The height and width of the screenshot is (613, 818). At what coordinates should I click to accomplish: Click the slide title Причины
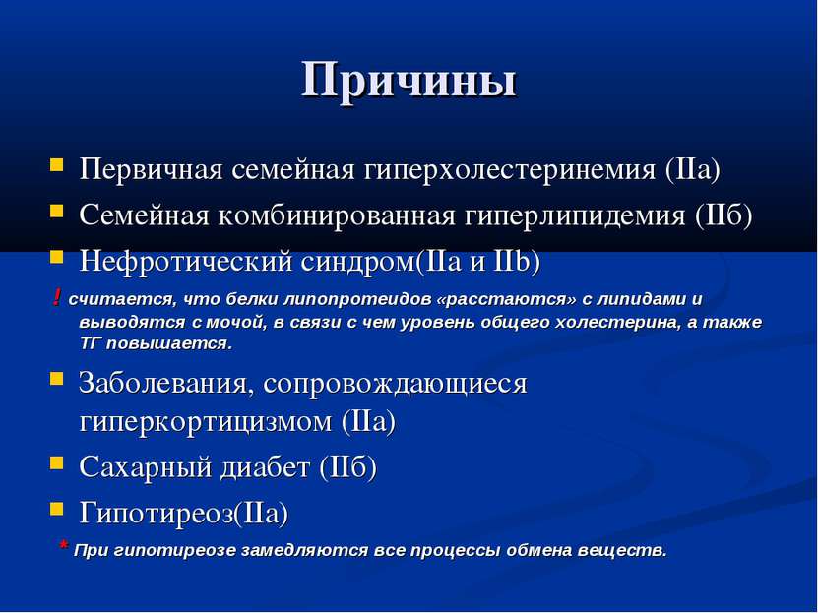click(x=409, y=80)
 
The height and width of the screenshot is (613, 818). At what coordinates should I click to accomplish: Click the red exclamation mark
click(x=58, y=298)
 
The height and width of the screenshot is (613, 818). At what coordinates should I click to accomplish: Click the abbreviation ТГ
click(x=91, y=344)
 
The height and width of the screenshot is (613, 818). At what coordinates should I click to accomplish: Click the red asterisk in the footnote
click(x=64, y=548)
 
